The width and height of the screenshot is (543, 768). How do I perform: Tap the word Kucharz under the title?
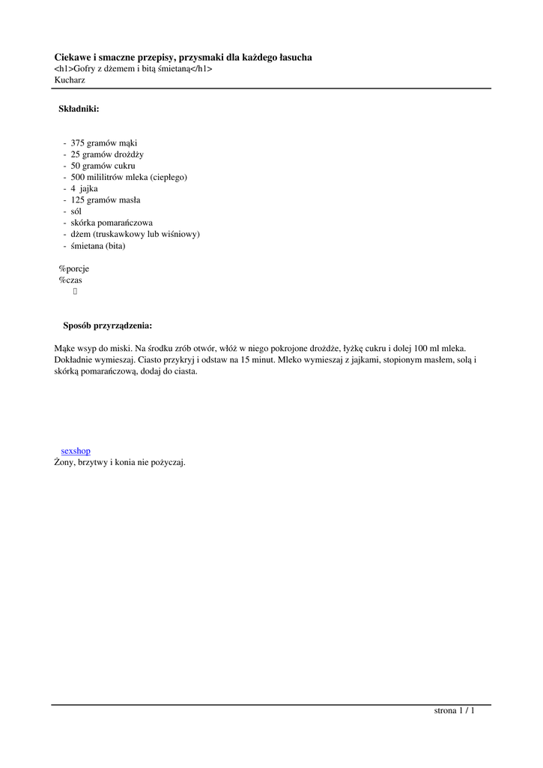click(70, 79)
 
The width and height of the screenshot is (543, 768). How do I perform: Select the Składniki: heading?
click(79, 109)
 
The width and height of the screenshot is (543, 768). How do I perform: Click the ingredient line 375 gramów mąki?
click(104, 143)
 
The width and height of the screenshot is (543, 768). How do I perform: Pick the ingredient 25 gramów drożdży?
click(107, 154)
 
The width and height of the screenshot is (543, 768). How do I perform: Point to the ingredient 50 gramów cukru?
click(103, 166)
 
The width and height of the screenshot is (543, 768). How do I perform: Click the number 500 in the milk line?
click(77, 177)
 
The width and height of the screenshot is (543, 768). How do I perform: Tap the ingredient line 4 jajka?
click(84, 189)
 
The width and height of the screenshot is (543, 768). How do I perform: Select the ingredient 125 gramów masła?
click(106, 200)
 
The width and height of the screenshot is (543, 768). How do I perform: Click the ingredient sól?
click(76, 211)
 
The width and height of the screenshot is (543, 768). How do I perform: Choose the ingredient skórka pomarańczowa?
click(112, 223)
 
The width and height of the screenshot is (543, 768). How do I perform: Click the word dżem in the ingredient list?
click(81, 234)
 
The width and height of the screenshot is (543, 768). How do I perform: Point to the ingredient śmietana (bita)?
click(98, 246)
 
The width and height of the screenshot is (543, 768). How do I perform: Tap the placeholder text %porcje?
click(74, 268)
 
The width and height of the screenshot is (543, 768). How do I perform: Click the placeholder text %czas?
click(70, 280)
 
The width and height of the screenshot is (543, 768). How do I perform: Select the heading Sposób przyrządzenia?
click(107, 325)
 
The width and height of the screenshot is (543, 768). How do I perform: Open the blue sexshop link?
click(76, 451)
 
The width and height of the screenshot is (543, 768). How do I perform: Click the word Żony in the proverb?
click(64, 462)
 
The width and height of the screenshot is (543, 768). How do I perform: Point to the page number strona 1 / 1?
click(455, 711)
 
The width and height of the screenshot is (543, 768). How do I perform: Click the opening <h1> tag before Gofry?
click(64, 68)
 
